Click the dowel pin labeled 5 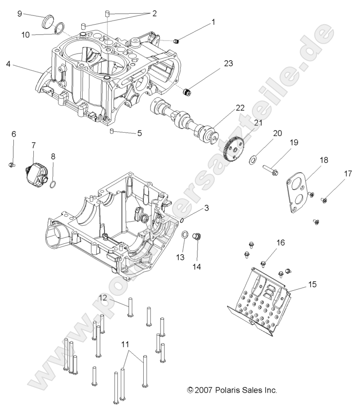(111, 132)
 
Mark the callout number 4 (8, 64)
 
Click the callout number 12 (103, 298)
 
